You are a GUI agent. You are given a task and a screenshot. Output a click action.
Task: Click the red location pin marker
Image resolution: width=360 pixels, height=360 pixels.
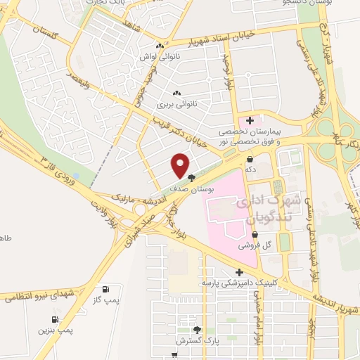[181, 165]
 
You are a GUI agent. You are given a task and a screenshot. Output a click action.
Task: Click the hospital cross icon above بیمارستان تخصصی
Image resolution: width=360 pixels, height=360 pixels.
[250, 121]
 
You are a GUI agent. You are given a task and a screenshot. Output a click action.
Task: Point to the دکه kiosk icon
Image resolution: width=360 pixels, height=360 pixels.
[250, 159]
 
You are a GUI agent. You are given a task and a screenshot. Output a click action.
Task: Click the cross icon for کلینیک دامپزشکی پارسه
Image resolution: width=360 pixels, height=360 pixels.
[240, 271]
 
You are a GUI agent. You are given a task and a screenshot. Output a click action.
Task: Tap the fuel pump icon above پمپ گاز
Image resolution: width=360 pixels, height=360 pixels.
[105, 289]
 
